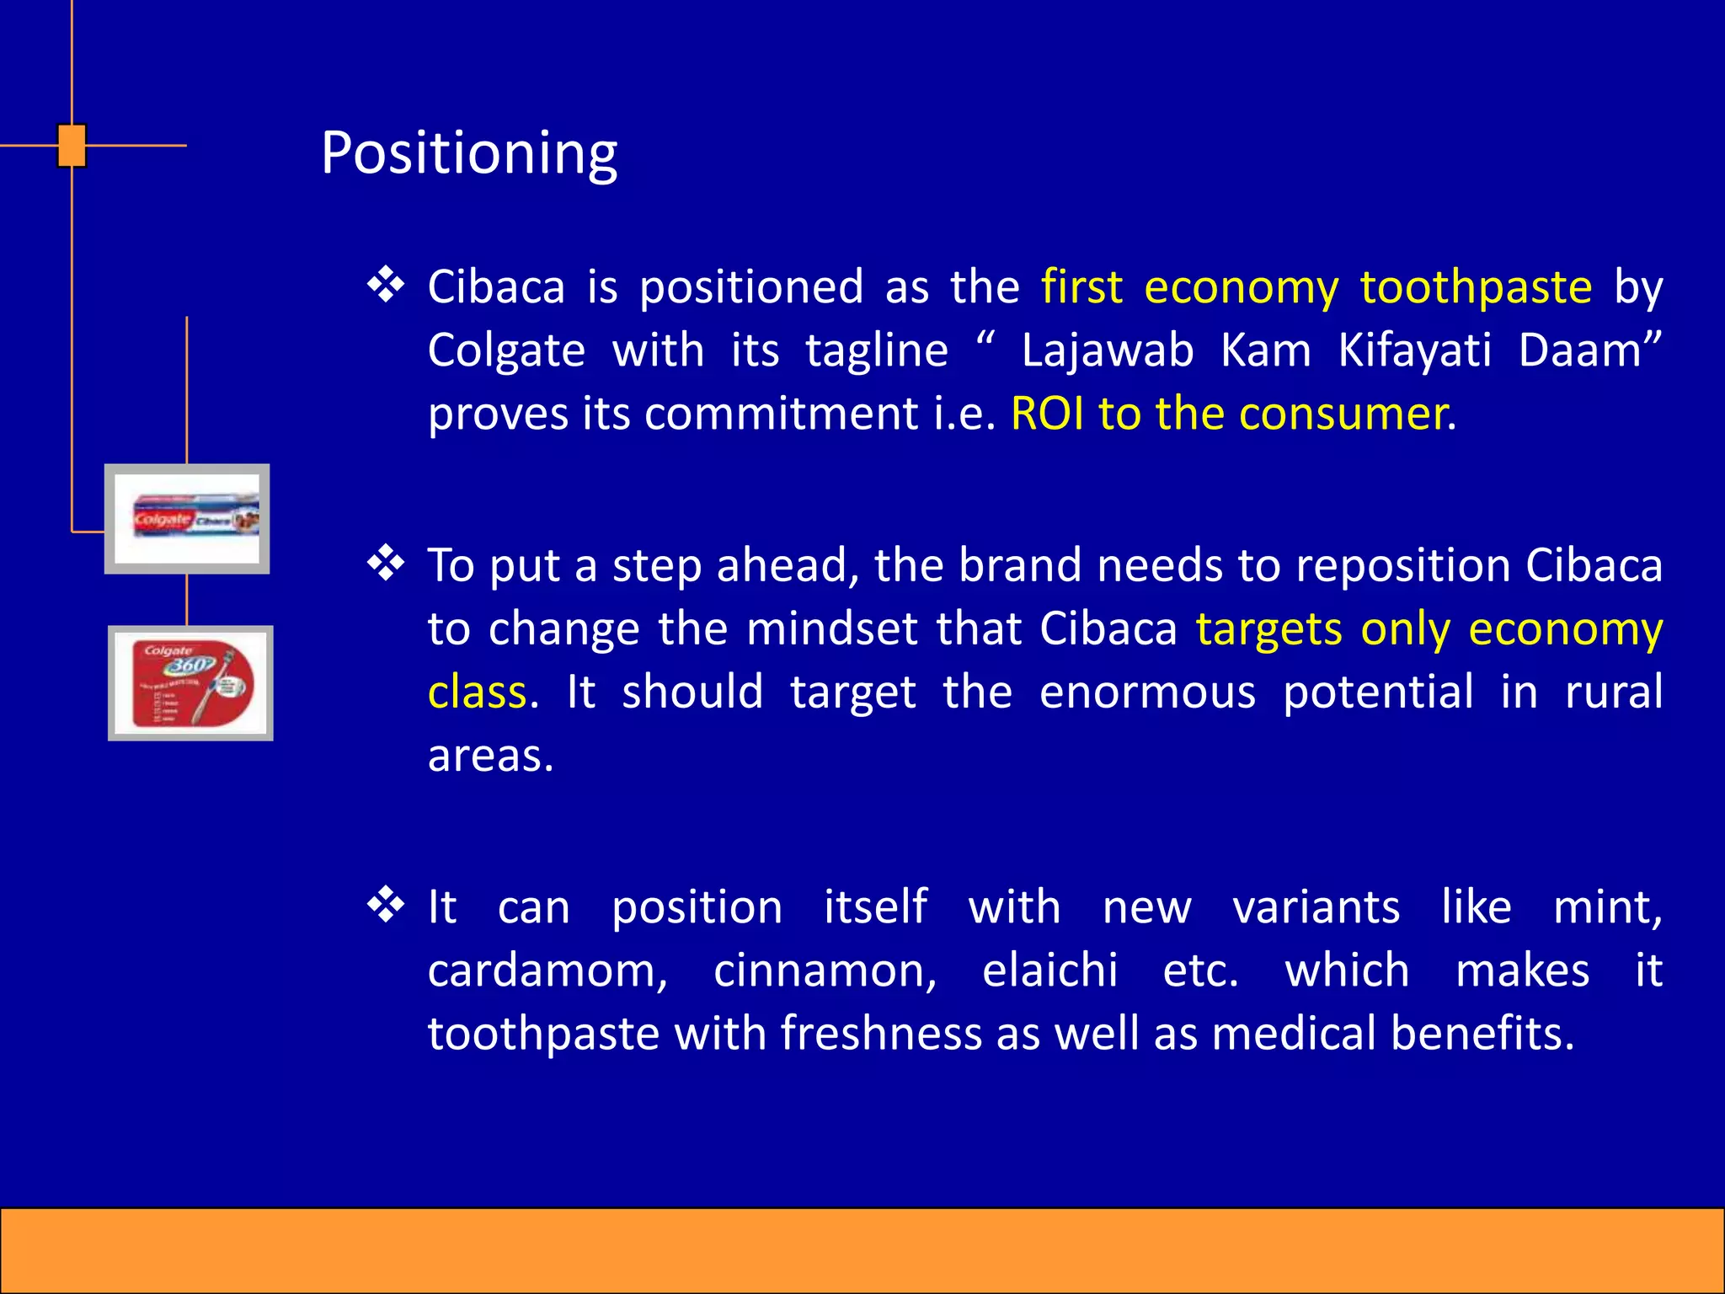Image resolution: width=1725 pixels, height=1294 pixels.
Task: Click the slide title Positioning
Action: click(469, 154)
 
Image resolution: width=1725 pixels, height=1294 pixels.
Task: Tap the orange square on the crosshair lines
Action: click(72, 146)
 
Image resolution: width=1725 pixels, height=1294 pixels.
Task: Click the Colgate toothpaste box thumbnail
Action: click(187, 519)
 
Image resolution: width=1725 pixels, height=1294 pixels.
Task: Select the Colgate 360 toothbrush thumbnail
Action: click(190, 683)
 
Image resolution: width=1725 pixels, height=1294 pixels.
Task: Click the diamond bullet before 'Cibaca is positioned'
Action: click(387, 285)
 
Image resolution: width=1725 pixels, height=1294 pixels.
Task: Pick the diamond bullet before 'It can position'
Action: click(387, 905)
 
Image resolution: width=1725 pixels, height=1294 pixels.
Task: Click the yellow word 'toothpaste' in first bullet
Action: click(1476, 288)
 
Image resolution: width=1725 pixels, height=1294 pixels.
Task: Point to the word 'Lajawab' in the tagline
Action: click(1108, 350)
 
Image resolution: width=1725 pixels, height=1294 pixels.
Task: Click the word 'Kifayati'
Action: click(1415, 352)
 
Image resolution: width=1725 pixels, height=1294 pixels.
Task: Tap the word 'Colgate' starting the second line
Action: click(506, 352)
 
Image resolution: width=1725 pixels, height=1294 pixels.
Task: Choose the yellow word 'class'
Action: click(478, 692)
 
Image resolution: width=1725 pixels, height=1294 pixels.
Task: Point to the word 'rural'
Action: click(1614, 692)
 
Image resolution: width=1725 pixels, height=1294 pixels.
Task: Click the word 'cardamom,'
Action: click(547, 971)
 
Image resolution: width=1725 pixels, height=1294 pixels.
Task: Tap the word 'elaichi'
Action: click(1050, 970)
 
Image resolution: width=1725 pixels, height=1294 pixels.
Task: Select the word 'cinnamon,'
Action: click(825, 971)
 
